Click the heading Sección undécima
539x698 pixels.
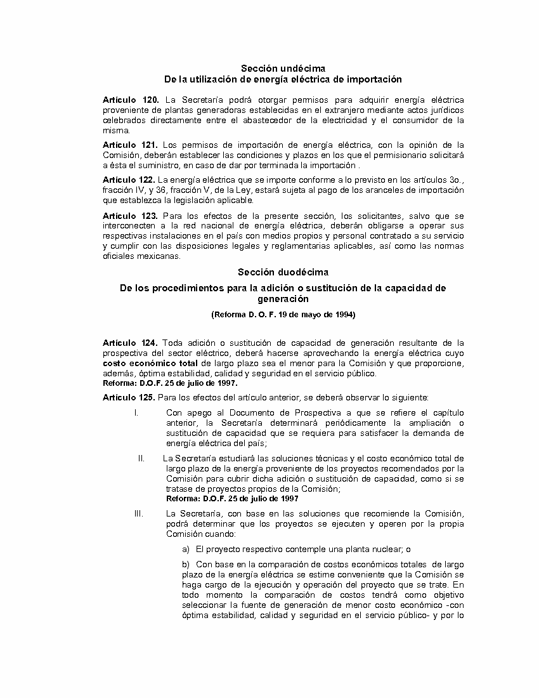click(283, 68)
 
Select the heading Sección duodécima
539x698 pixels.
click(283, 272)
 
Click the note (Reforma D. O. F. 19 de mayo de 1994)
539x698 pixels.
click(283, 315)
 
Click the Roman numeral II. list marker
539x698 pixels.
click(142, 458)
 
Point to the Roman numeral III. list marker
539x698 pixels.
click(139, 513)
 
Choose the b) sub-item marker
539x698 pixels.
click(186, 564)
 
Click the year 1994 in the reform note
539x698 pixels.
click(344, 315)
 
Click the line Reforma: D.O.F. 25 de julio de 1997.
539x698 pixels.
click(170, 383)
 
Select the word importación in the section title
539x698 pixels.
click(372, 79)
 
